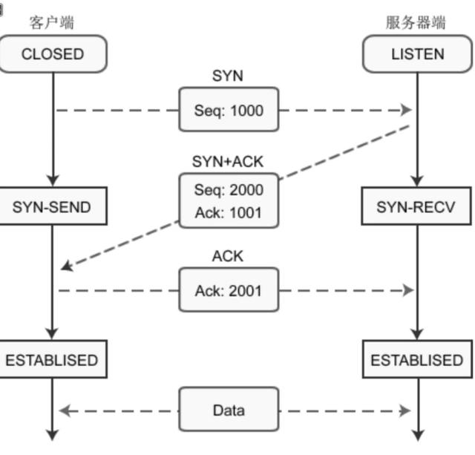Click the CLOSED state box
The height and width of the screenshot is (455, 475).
[53, 54]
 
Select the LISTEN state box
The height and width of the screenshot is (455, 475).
[417, 54]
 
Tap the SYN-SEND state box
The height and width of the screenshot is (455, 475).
[52, 207]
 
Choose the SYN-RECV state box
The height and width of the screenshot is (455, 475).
[416, 207]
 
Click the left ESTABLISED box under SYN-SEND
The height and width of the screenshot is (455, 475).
[52, 360]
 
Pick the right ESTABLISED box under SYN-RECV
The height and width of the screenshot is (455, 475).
[416, 360]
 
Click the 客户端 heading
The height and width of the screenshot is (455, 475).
[52, 22]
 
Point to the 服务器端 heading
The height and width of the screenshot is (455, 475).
[416, 22]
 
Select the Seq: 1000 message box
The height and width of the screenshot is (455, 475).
[229, 110]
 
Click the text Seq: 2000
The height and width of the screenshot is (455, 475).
[229, 190]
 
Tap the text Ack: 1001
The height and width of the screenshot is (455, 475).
[229, 213]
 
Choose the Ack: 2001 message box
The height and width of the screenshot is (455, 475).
[229, 290]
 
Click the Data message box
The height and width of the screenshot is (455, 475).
[229, 410]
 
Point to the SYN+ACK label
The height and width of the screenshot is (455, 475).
[228, 161]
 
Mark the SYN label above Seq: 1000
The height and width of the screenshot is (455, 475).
[228, 76]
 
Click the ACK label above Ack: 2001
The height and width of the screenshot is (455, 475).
[228, 257]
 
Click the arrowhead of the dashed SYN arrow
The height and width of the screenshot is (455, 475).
[406, 110]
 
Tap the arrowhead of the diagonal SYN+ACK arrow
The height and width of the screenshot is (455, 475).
[67, 265]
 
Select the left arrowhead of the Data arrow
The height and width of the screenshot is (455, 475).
[64, 410]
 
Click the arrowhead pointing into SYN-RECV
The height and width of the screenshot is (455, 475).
[416, 180]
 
